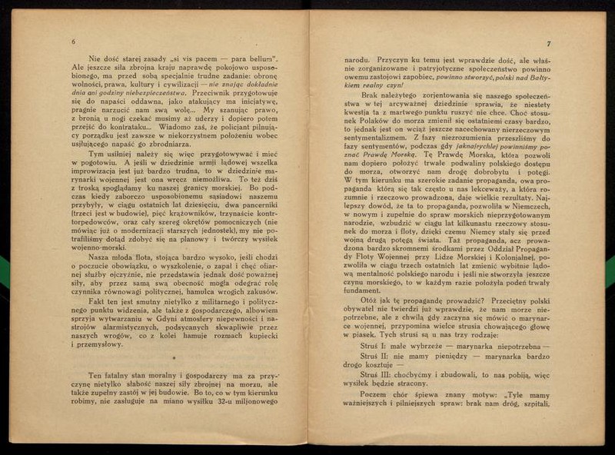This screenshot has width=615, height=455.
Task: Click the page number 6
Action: [x=72, y=42]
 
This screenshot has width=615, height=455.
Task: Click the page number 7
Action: [x=549, y=44]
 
